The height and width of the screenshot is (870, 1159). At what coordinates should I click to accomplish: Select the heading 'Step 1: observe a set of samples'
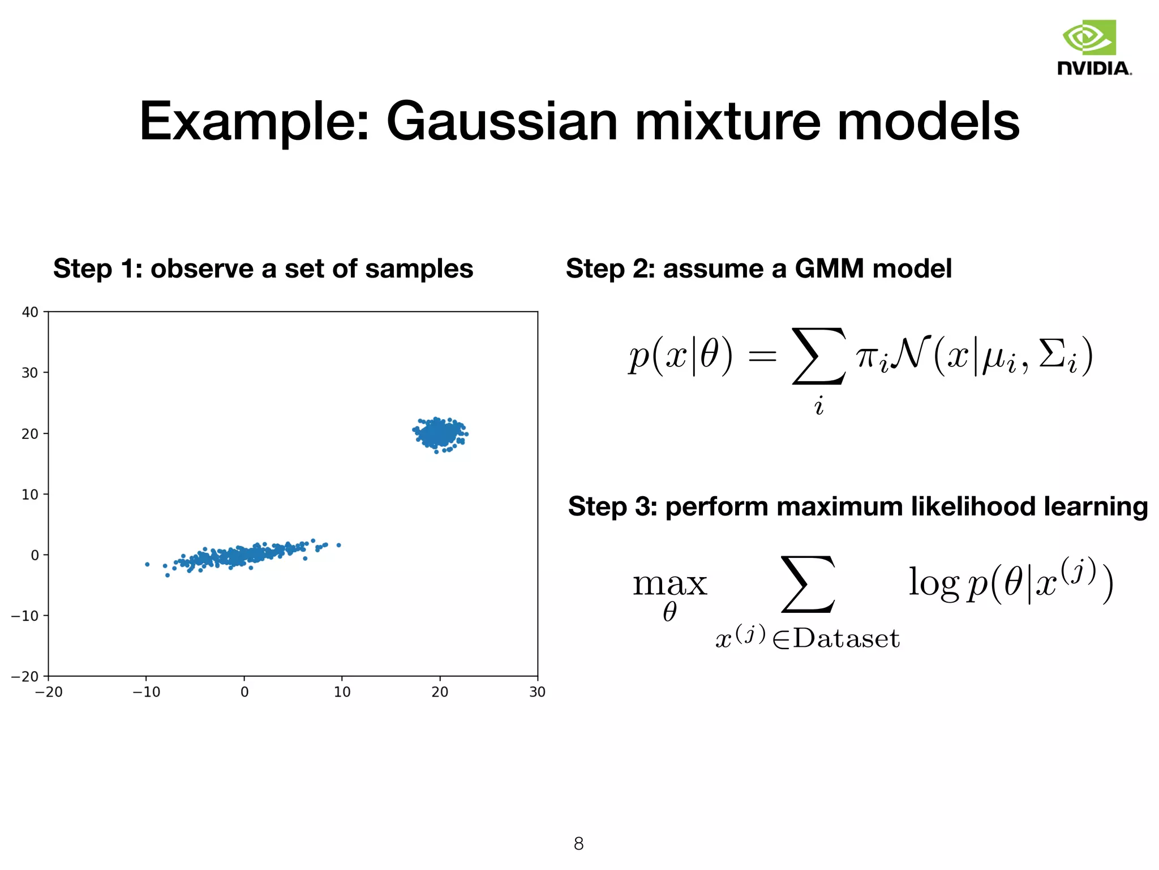click(x=263, y=269)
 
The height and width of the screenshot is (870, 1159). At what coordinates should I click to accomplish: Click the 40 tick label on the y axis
click(x=30, y=312)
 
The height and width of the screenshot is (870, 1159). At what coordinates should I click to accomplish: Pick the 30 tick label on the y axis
click(x=30, y=373)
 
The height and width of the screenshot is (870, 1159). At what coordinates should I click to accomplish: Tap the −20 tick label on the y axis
click(x=25, y=676)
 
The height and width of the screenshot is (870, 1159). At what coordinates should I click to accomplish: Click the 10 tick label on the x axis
click(x=342, y=692)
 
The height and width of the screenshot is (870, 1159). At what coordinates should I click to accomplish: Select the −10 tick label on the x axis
click(x=146, y=692)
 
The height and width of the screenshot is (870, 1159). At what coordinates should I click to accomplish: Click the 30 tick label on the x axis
click(x=537, y=692)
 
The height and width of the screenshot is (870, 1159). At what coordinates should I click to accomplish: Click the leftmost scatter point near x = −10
click(x=147, y=564)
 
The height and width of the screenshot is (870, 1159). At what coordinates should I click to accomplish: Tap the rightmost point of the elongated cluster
click(x=339, y=545)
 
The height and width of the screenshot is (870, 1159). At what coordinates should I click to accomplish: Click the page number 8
click(x=578, y=844)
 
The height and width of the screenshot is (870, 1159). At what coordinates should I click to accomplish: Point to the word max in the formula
click(x=670, y=583)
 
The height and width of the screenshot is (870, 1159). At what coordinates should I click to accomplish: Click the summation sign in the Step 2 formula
click(x=819, y=356)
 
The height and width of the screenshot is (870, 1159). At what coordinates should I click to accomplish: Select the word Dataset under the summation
click(x=846, y=639)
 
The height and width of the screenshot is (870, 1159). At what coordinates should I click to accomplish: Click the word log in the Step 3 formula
click(x=933, y=583)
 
